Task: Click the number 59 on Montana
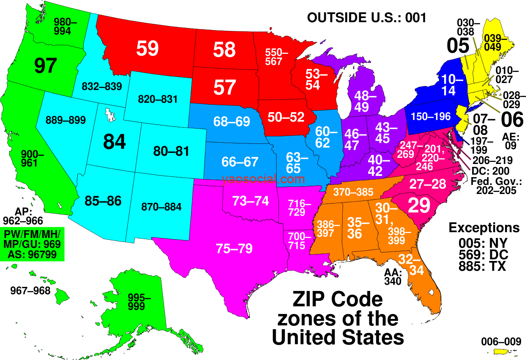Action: click(148, 48)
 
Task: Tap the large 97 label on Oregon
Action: click(45, 66)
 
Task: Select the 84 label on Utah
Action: click(114, 142)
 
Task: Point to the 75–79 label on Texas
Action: click(234, 248)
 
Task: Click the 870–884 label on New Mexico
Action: click(161, 207)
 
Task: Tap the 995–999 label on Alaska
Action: click(139, 302)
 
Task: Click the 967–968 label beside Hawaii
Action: click(30, 291)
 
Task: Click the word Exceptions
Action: click(484, 228)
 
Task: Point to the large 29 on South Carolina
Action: click(418, 205)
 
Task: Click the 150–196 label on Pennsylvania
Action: click(431, 117)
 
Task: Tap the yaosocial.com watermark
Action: click(263, 179)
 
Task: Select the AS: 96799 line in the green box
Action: click(31, 255)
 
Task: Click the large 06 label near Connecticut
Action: click(512, 120)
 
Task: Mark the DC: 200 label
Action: click(490, 171)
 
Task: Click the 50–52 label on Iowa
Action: click(286, 117)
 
